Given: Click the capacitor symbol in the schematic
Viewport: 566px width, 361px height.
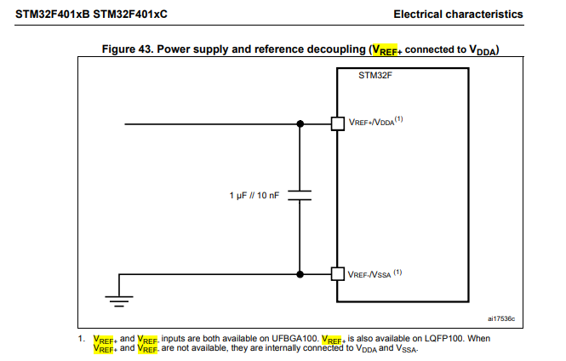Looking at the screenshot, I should click(x=300, y=197).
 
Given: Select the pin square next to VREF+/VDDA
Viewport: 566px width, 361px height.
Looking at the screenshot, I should click(x=336, y=124).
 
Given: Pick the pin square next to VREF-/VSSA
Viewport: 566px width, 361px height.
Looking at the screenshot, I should click(x=336, y=273).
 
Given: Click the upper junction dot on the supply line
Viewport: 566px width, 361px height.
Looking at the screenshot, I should click(x=300, y=124).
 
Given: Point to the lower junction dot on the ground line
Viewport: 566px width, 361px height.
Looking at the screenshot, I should click(x=300, y=273).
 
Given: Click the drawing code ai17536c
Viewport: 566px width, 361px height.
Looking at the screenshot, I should click(x=501, y=318).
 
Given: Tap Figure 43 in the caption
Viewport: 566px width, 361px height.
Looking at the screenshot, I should click(x=129, y=49).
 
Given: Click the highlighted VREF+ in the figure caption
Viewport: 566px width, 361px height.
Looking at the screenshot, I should click(x=385, y=50).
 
